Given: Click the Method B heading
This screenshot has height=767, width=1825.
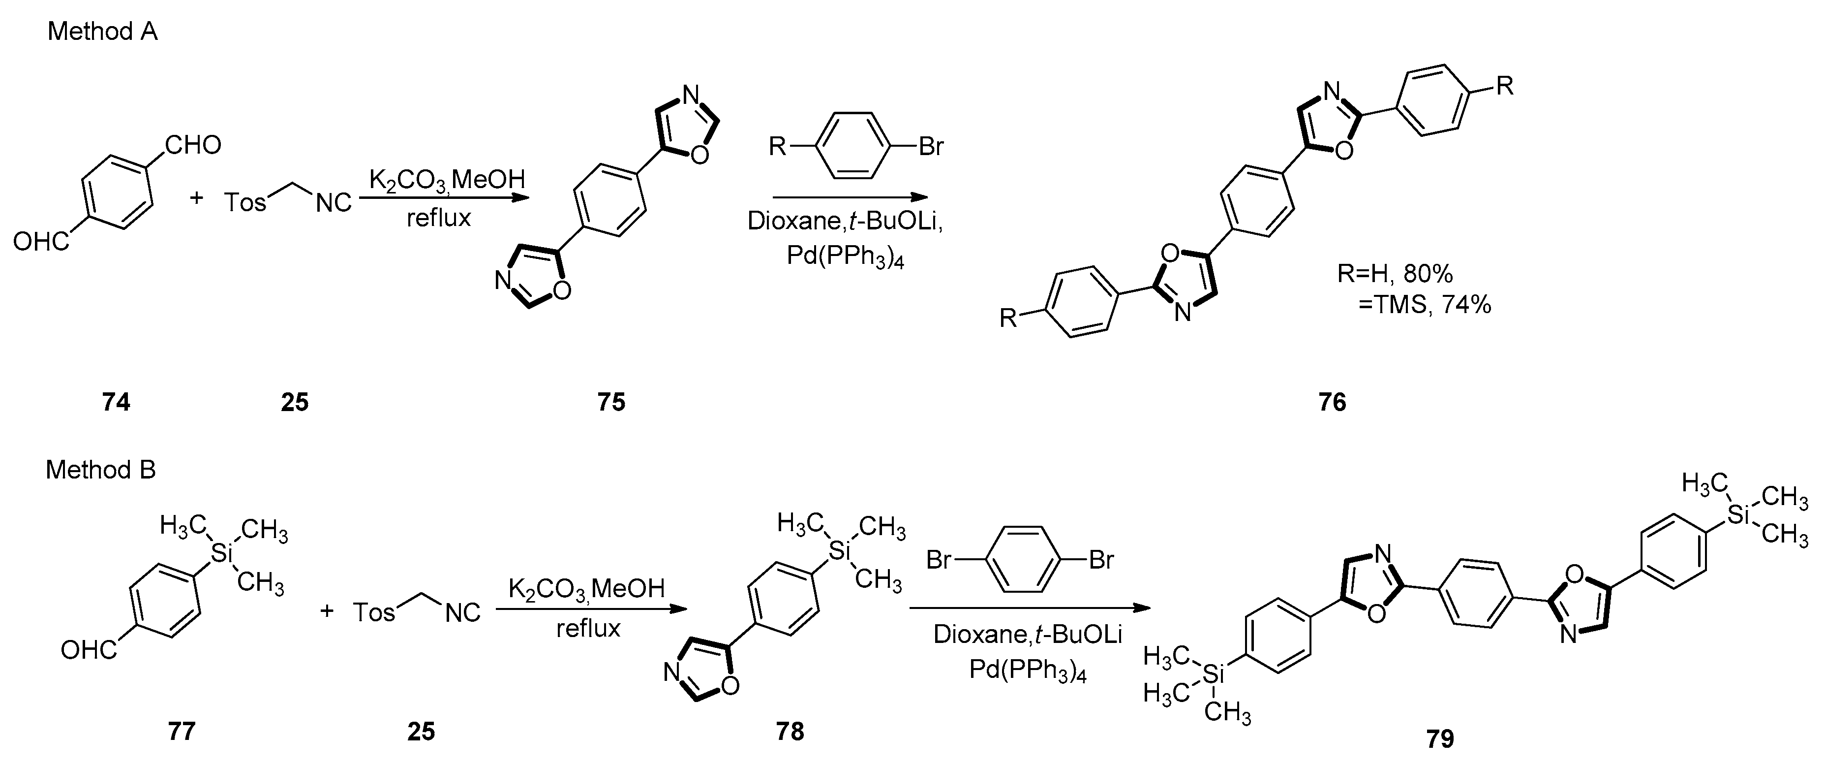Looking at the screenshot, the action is (101, 470).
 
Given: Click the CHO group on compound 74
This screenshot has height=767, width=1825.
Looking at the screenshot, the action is (193, 145).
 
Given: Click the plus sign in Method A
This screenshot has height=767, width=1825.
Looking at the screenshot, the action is (196, 198).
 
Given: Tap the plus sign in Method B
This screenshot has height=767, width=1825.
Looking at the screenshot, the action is (327, 610).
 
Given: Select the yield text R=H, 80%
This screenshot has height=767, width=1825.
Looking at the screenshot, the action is (1394, 274).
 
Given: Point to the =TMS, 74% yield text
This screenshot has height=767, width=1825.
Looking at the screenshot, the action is (1424, 305).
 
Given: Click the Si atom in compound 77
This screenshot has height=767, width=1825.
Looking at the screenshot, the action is (222, 554).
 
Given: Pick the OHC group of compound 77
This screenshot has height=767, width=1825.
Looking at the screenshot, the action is (89, 649).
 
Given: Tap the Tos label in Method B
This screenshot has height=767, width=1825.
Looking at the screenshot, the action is (373, 612).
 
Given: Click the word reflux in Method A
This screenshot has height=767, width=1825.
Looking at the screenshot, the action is (438, 218).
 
